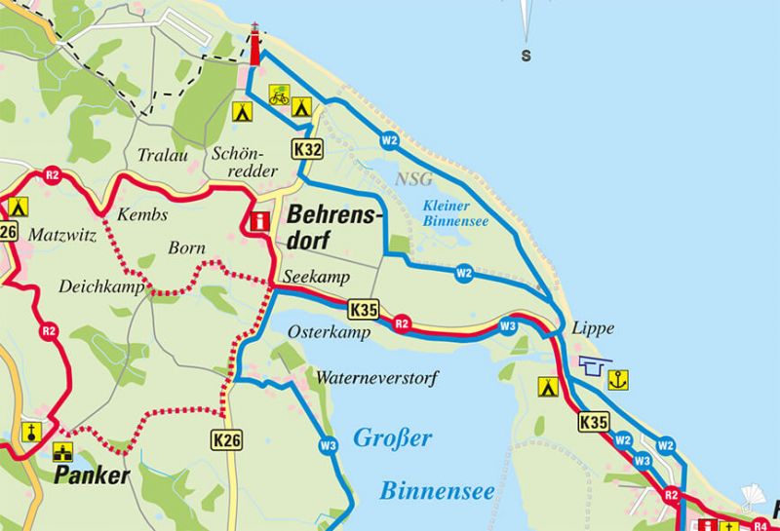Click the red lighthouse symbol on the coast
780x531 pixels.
point(255,47)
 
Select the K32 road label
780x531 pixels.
point(306,149)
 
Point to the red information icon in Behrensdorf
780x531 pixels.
point(259,222)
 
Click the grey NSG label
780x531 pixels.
point(414,178)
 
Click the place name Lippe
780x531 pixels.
point(594,328)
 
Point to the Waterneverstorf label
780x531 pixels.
point(377,377)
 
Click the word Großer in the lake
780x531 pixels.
point(392,438)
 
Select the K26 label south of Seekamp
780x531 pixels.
point(226,441)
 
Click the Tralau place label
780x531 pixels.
point(163,155)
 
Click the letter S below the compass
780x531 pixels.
point(526,56)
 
